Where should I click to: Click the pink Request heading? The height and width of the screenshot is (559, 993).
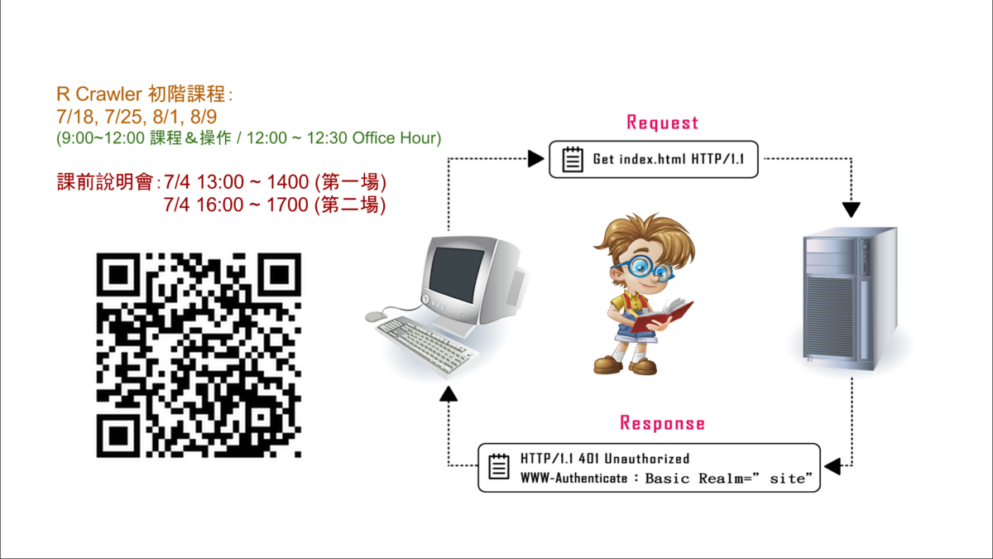pyautogui.click(x=662, y=123)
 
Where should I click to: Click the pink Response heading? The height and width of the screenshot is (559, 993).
pyautogui.click(x=662, y=423)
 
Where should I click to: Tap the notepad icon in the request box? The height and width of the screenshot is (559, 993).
pyautogui.click(x=573, y=159)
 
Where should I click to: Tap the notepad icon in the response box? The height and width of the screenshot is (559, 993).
pyautogui.click(x=499, y=466)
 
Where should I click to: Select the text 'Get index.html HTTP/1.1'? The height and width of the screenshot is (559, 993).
pyautogui.click(x=669, y=159)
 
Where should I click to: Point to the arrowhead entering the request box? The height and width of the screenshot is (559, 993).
pyautogui.click(x=536, y=158)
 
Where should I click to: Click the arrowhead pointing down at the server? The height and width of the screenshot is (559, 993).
pyautogui.click(x=851, y=210)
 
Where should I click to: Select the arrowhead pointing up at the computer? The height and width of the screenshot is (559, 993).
pyautogui.click(x=449, y=394)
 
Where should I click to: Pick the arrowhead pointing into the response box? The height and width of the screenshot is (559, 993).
pyautogui.click(x=832, y=466)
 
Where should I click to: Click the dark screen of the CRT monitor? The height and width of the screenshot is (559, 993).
pyautogui.click(x=456, y=275)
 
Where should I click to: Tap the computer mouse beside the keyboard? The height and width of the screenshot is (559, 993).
pyautogui.click(x=376, y=316)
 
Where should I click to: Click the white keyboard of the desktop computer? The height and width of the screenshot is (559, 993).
pyautogui.click(x=426, y=346)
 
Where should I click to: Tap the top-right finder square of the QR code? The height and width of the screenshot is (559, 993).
pyautogui.click(x=280, y=275)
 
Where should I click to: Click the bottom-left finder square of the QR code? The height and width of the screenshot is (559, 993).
pyautogui.click(x=118, y=436)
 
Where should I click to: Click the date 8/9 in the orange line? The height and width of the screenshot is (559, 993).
pyautogui.click(x=204, y=117)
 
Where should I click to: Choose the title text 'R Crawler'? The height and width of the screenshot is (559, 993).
pyautogui.click(x=99, y=94)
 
